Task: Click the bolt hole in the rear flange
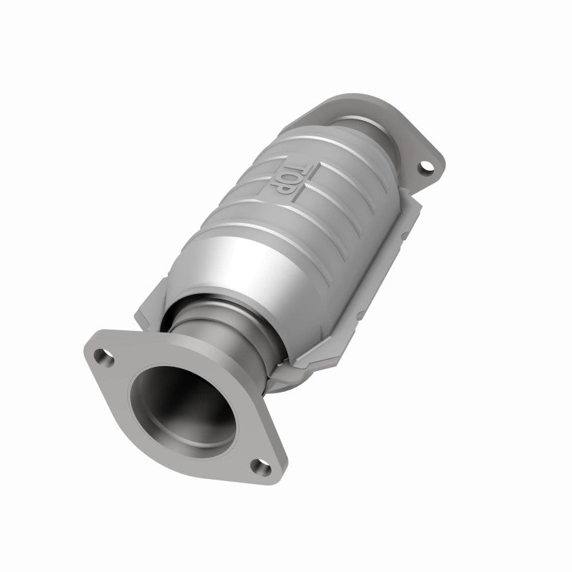pyautogui.click(x=426, y=167)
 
